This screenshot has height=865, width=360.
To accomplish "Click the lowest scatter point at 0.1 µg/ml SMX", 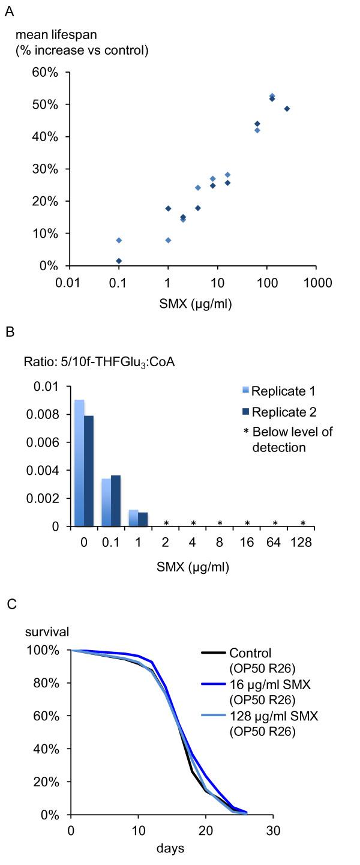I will (x=119, y=261).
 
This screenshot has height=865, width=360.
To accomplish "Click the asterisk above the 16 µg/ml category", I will (x=247, y=523).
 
